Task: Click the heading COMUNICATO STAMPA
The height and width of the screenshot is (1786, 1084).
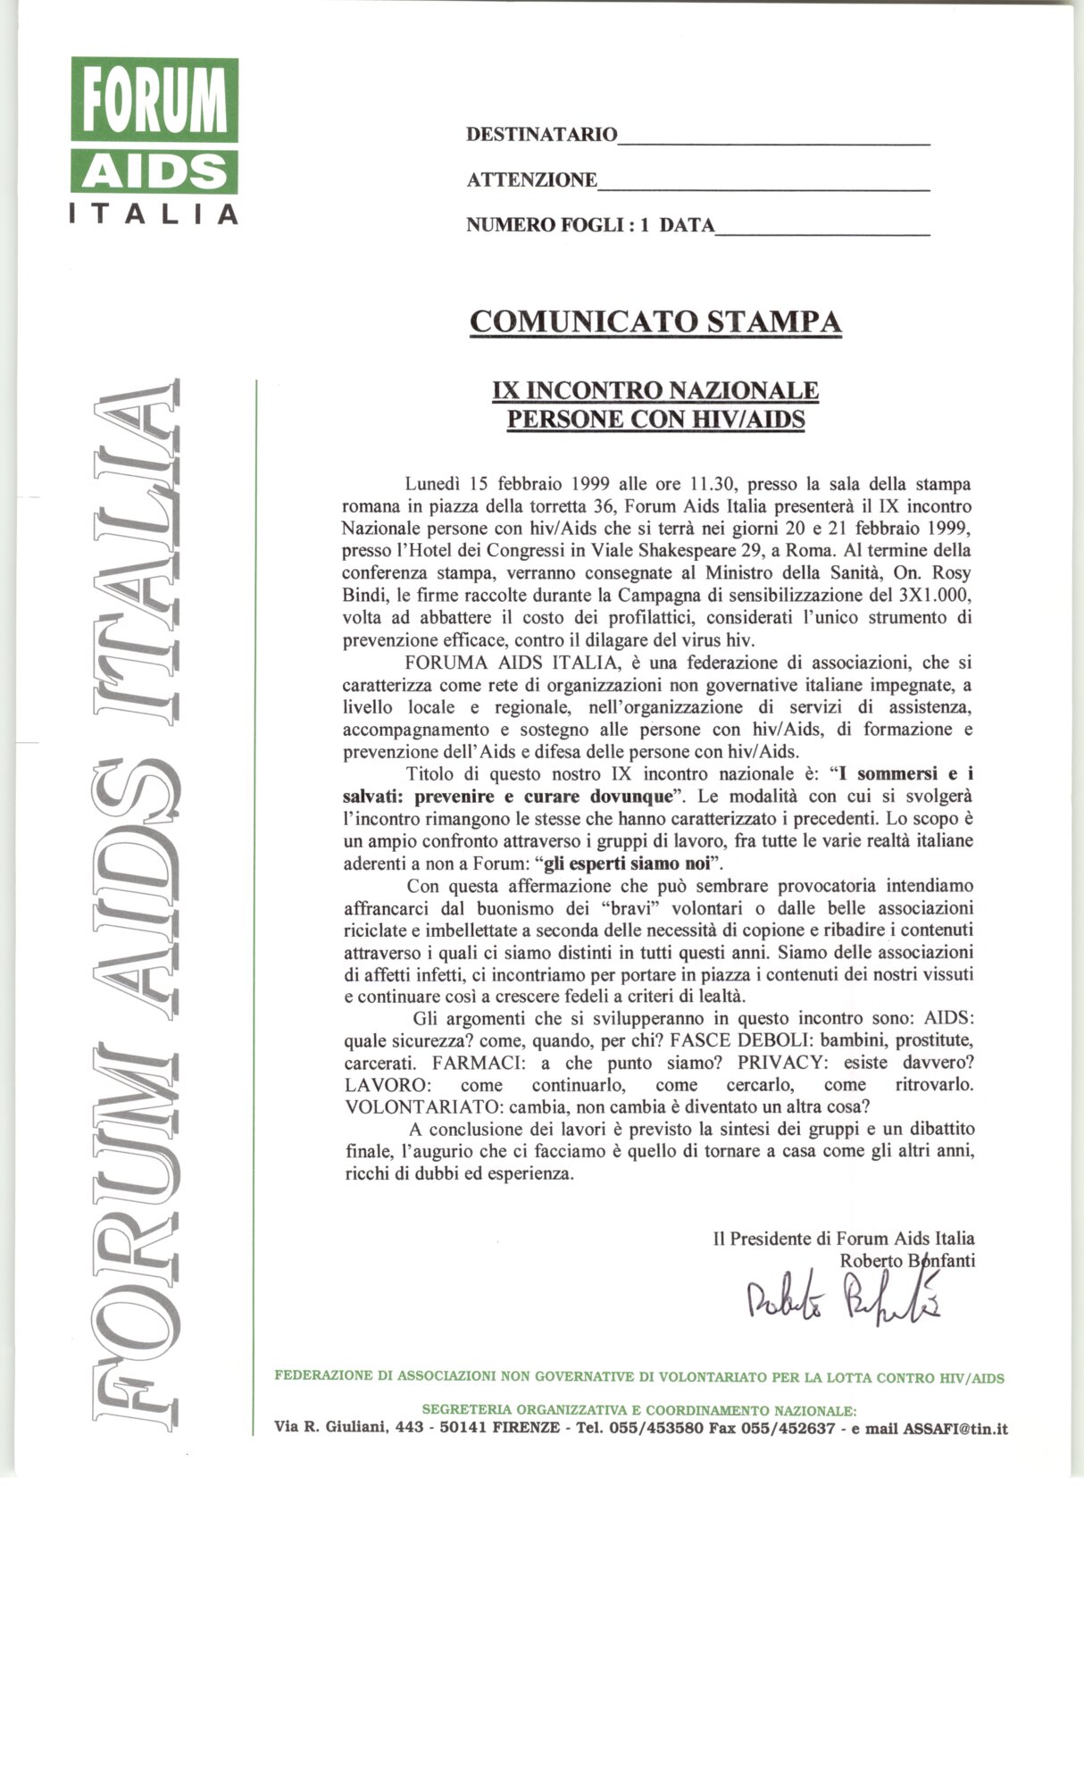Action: click(x=655, y=321)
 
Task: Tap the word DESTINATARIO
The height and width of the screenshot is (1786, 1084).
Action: click(x=541, y=135)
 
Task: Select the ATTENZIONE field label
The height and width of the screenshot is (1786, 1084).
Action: click(x=532, y=180)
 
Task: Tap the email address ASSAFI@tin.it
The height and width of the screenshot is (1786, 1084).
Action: click(x=955, y=1428)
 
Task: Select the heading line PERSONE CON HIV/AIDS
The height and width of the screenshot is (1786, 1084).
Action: click(x=655, y=419)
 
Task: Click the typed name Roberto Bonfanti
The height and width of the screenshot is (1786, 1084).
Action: click(x=907, y=1261)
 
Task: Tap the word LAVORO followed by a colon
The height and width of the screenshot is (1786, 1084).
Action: click(x=376, y=1086)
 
